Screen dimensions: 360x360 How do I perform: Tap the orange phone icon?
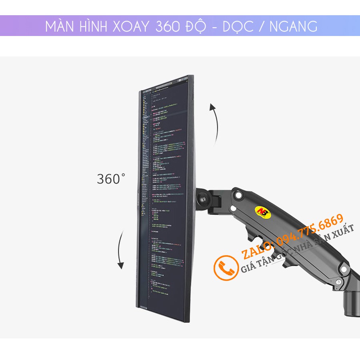[226, 268]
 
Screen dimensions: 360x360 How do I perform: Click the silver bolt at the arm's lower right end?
[339, 282]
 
